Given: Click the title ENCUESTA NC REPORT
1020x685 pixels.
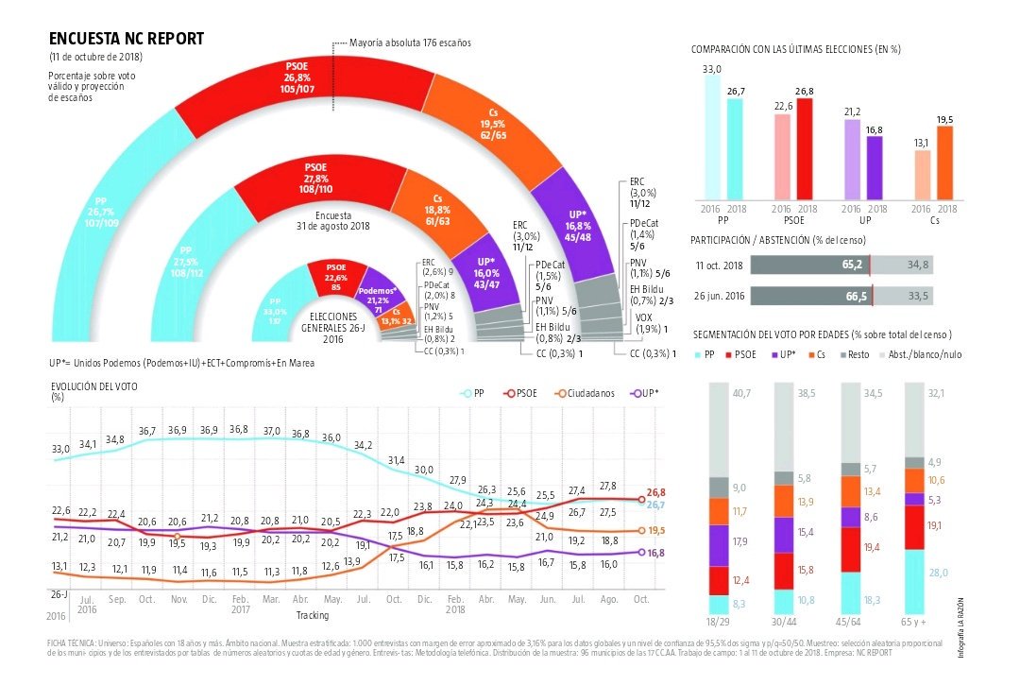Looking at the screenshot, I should pyautogui.click(x=126, y=39).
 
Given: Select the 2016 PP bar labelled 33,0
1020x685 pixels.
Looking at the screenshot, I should pyautogui.click(x=712, y=137).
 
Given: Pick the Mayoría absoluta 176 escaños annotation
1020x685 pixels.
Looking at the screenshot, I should pyautogui.click(x=409, y=43).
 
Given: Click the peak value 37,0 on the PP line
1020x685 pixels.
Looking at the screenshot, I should pyautogui.click(x=272, y=431).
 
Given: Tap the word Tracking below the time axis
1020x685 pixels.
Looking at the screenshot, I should pyautogui.click(x=313, y=615).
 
